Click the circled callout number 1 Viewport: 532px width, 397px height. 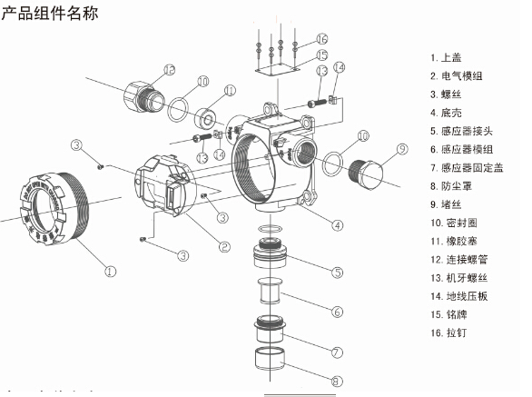[110, 270]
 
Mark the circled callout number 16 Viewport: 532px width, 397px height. [321, 39]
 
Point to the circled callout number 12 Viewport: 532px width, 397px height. [169, 70]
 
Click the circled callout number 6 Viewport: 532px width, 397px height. [336, 312]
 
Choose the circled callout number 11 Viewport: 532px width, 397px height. [229, 90]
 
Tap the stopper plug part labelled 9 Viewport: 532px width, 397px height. [372, 175]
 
